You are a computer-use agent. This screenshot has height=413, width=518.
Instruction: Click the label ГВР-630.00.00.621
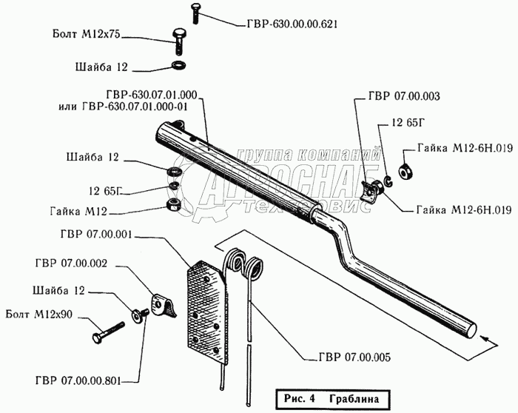tap(292, 24)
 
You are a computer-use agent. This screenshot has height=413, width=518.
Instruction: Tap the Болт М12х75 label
tap(87, 34)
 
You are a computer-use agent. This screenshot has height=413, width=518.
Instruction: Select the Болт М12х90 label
tap(38, 315)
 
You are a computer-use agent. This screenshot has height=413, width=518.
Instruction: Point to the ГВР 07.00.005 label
tap(354, 357)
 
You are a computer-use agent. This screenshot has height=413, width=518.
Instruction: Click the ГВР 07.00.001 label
tap(96, 235)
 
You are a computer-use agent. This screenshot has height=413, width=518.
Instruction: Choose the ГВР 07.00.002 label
tap(71, 263)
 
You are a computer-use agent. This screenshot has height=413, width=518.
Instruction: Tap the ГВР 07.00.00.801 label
tap(78, 380)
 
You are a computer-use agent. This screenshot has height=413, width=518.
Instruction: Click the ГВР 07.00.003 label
tap(404, 96)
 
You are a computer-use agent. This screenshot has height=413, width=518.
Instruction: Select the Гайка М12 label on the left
tap(78, 211)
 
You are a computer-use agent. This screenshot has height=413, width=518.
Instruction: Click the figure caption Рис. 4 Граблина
tap(332, 399)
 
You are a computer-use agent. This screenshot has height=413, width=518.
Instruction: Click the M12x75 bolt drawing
tap(178, 42)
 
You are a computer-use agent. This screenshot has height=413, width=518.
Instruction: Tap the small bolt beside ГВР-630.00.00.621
tap(195, 13)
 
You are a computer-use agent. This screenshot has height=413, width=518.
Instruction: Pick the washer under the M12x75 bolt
tap(179, 65)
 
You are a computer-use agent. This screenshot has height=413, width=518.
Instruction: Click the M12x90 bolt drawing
tap(108, 333)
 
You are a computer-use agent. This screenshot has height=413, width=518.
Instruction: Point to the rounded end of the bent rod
tap(470, 331)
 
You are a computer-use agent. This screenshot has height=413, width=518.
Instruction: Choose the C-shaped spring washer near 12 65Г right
tap(388, 181)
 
